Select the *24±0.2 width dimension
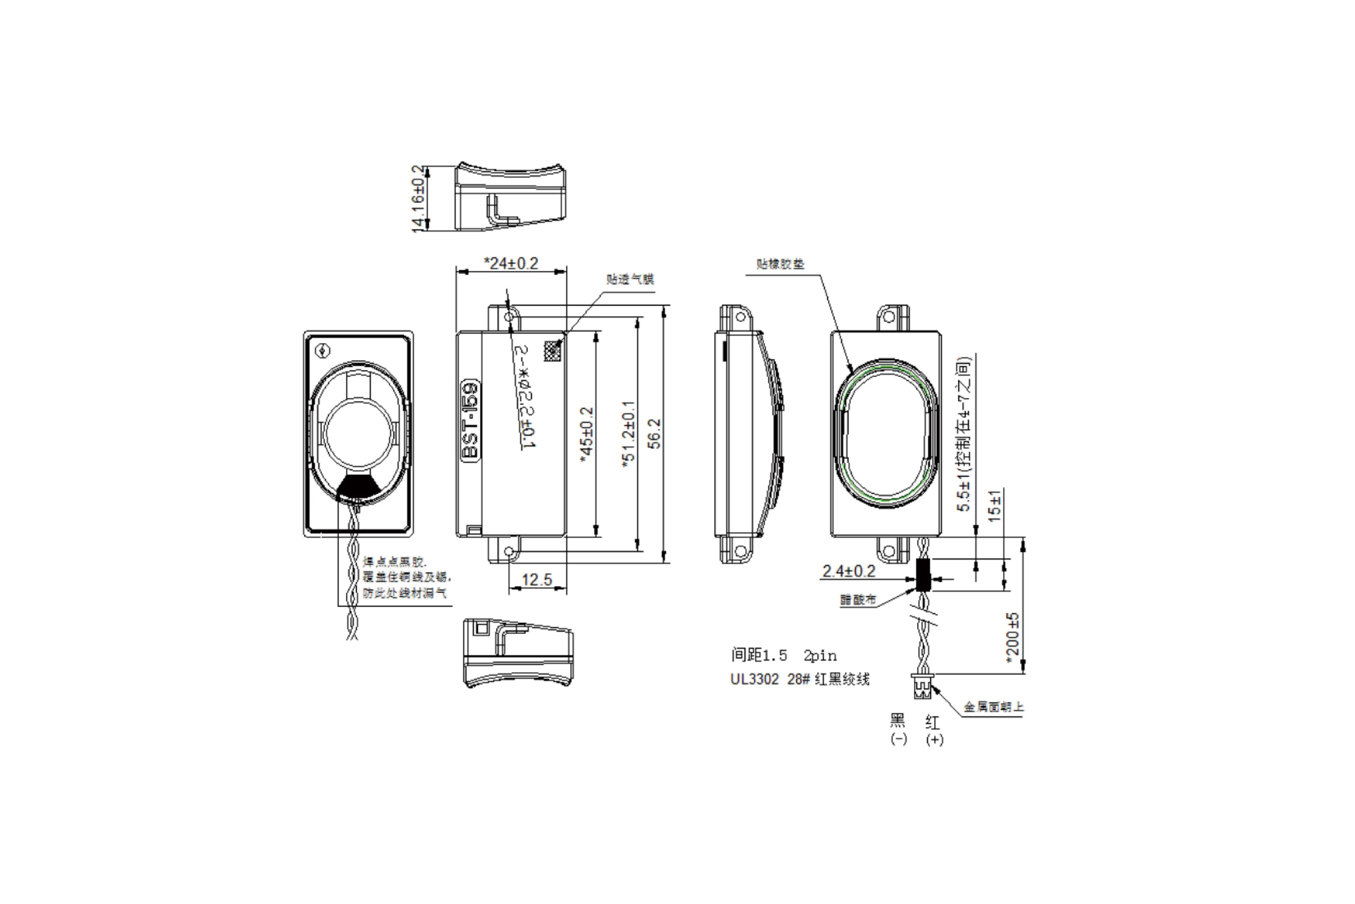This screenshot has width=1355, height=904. pos(511,264)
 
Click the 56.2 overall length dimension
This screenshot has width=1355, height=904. pos(654,434)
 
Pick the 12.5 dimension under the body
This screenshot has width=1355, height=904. pos(537,579)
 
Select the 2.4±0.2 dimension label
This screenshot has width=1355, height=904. pos(848,571)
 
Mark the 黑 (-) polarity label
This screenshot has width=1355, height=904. pos(898,729)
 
